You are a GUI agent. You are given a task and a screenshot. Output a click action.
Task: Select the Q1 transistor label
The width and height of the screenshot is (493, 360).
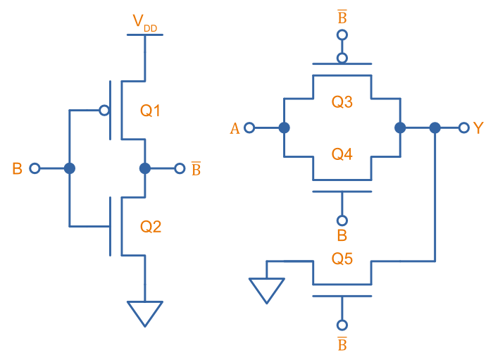tap(151, 110)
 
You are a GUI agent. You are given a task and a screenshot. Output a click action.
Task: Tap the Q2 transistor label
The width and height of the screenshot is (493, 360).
tap(151, 226)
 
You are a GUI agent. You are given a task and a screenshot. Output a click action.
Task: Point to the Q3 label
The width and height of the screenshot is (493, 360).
tap(342, 102)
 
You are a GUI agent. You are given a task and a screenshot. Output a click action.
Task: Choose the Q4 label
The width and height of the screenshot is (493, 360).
tap(342, 154)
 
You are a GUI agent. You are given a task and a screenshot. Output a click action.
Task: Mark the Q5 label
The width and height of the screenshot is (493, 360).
tap(342, 258)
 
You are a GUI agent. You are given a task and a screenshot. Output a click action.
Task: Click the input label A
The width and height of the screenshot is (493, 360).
tap(235, 128)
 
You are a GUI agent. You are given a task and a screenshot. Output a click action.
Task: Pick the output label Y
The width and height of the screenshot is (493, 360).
tap(479, 128)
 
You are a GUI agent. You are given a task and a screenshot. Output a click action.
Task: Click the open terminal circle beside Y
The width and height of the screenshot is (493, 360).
tap(463, 128)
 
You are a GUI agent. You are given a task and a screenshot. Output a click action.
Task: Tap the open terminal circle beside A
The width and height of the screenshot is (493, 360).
tap(249, 128)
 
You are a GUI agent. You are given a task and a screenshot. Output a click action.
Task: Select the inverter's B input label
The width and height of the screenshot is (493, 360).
tap(18, 168)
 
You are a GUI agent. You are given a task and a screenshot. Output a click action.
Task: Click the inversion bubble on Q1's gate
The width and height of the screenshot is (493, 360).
tap(104, 110)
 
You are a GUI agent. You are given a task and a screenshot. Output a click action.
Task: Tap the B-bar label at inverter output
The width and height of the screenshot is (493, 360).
tap(196, 169)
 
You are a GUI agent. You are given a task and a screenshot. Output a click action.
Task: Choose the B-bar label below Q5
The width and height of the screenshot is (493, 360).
tap(342, 344)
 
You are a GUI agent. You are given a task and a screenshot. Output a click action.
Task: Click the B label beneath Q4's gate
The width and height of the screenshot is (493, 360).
tap(342, 235)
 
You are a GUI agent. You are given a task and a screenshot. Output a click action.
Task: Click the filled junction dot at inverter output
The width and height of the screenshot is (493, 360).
tap(145, 168)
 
